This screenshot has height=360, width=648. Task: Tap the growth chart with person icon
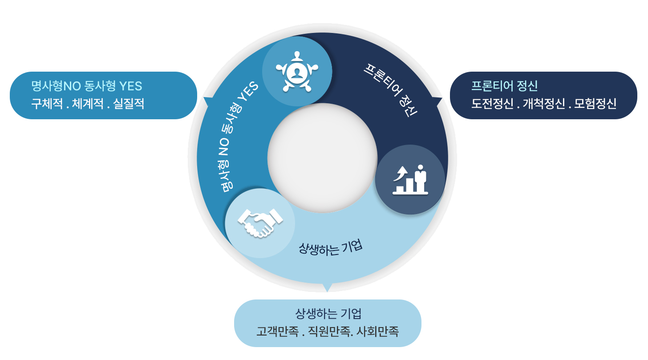[x=410, y=180]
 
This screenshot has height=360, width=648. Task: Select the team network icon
[x=297, y=72]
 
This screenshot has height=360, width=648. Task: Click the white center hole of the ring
[x=322, y=158]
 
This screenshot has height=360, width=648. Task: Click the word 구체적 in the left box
[x=47, y=104]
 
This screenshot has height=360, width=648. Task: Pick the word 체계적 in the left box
[x=88, y=104]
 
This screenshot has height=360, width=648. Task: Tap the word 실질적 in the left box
[x=129, y=104]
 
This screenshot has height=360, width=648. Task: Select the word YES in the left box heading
[x=131, y=86]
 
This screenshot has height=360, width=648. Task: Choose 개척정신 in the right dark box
[x=544, y=104]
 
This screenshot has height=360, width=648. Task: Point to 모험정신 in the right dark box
[x=595, y=104]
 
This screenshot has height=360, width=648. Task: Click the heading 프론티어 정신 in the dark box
[x=504, y=86]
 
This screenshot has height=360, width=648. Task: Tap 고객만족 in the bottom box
[x=277, y=332]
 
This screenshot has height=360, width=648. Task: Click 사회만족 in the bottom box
[x=377, y=332]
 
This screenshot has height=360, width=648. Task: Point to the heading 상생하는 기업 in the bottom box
[x=328, y=314]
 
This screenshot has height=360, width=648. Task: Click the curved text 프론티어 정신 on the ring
[x=391, y=90]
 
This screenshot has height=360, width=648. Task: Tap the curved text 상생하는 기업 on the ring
[x=330, y=248]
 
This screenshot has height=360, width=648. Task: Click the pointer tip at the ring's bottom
[x=327, y=291]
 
